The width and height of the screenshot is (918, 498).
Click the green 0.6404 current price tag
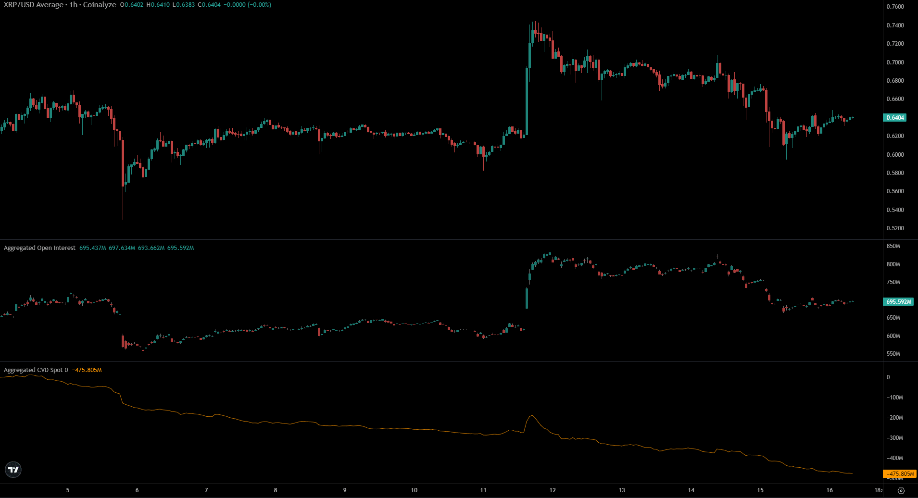tap(895, 118)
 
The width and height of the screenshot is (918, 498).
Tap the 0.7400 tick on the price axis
tap(895, 25)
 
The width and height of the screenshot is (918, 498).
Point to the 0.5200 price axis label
tap(895, 228)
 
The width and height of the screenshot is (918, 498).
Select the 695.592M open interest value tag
tap(898, 302)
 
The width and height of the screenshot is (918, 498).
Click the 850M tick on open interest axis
tap(893, 246)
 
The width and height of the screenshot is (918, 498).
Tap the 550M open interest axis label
tap(893, 354)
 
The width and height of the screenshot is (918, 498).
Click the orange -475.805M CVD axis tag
tap(900, 474)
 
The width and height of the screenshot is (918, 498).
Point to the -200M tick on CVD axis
tap(895, 418)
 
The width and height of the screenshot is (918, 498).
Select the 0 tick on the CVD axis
tap(888, 377)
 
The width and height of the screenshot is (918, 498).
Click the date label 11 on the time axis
tap(483, 490)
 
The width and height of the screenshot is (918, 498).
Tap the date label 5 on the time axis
tap(68, 490)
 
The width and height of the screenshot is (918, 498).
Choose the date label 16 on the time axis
tap(830, 490)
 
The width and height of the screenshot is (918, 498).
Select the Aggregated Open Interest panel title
tap(39, 248)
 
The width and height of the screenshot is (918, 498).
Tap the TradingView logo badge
tap(13, 470)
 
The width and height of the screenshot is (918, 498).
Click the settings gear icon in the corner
tap(901, 491)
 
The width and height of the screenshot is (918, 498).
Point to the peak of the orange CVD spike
tap(532, 415)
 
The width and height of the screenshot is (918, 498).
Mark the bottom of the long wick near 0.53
tap(123, 219)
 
